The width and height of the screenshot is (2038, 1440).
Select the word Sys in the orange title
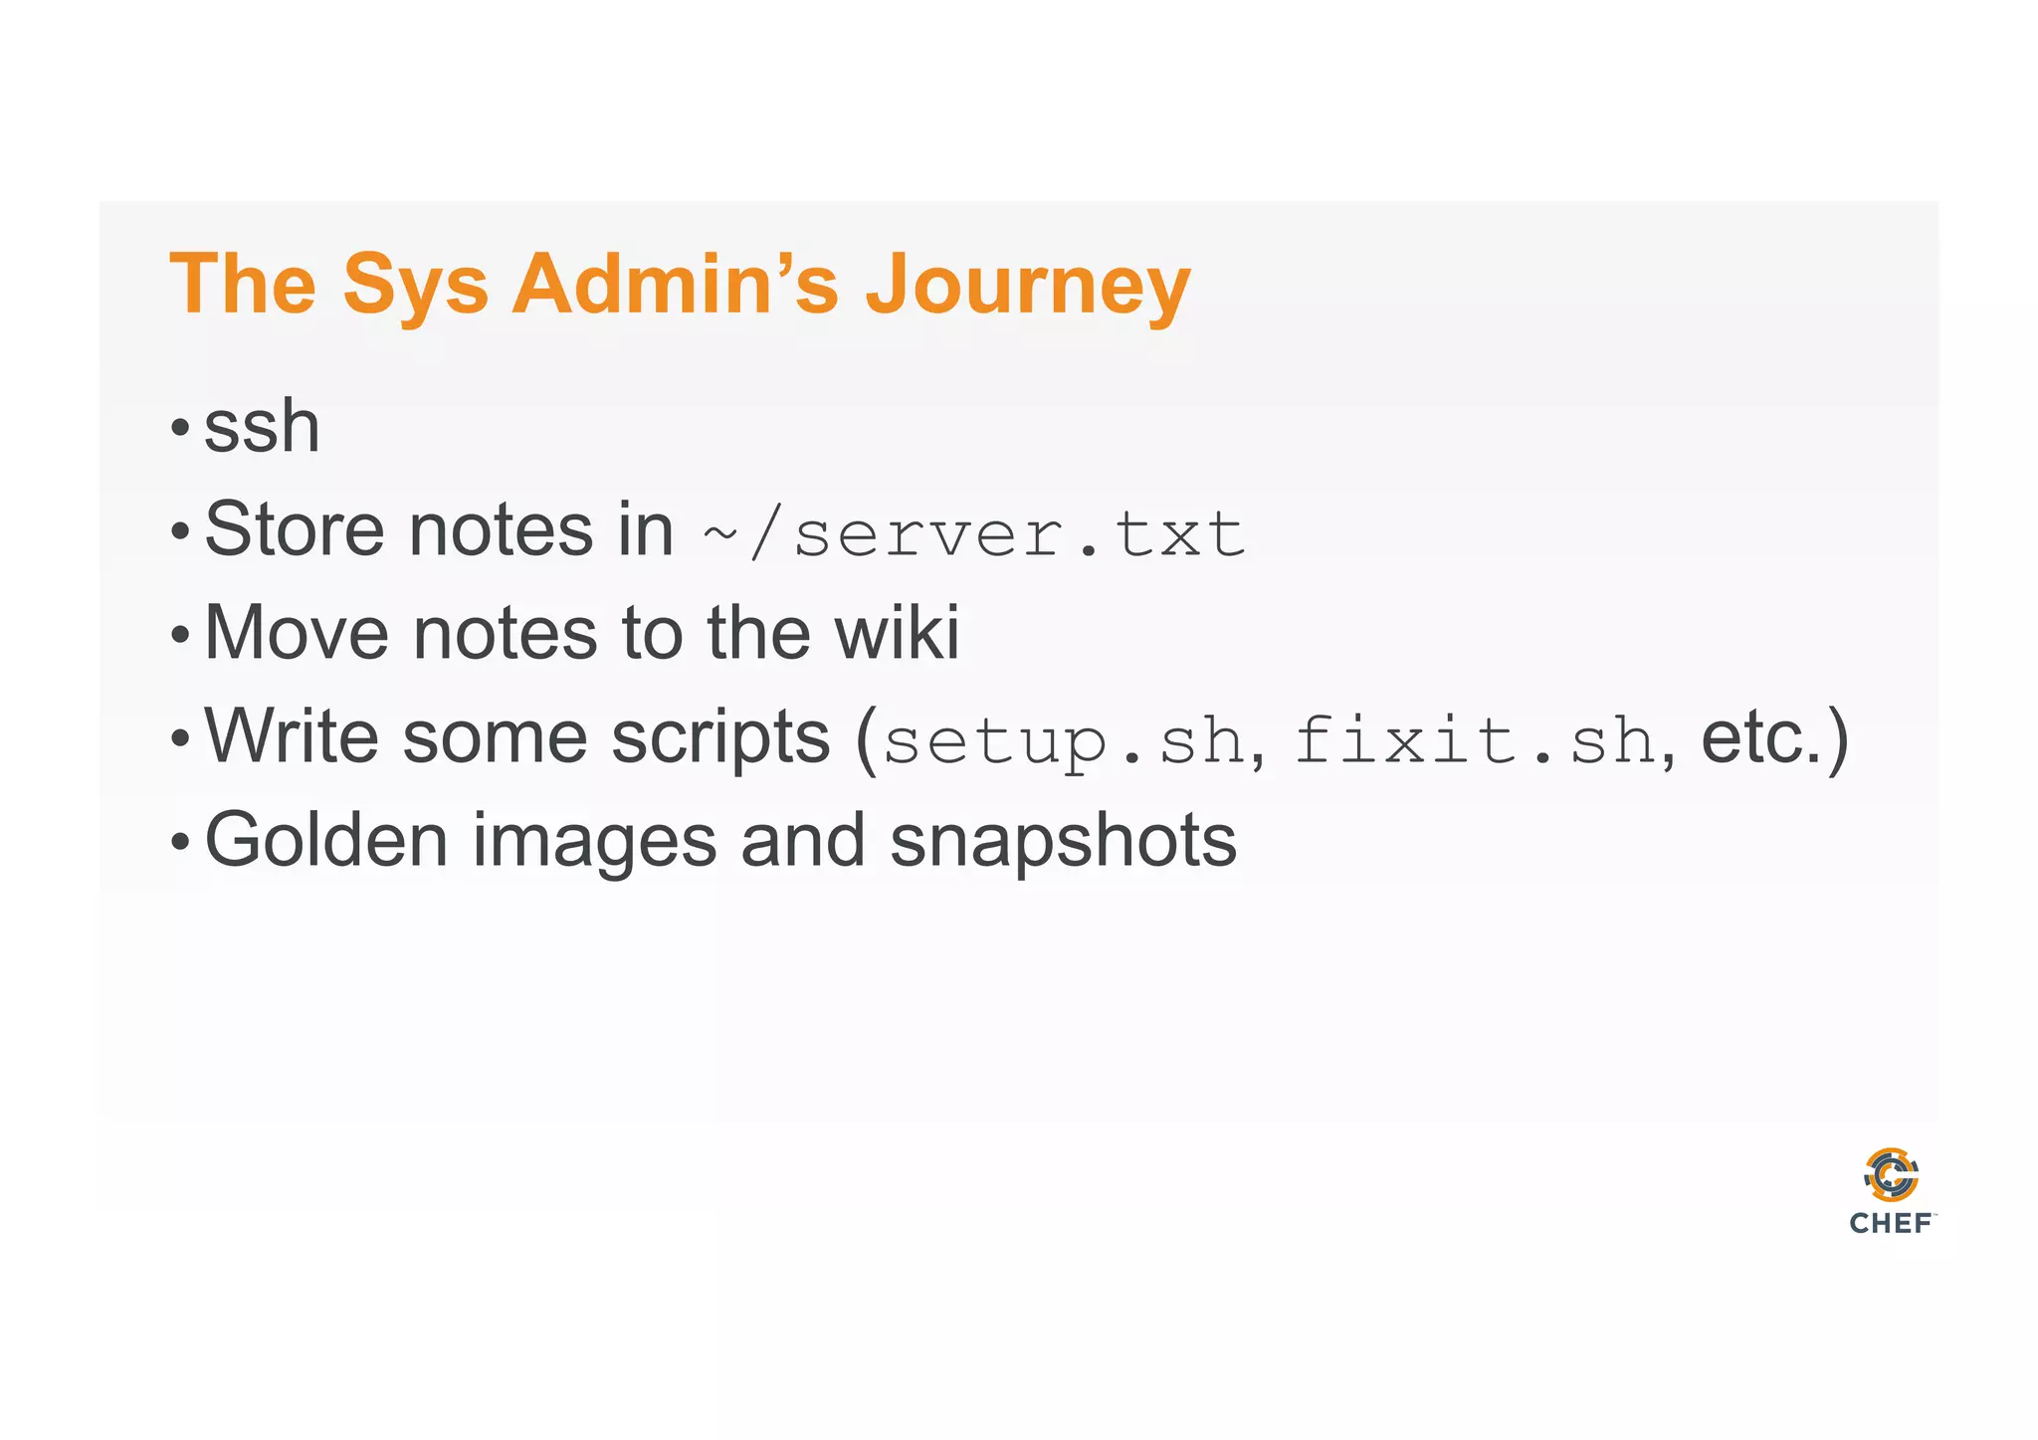click(x=415, y=286)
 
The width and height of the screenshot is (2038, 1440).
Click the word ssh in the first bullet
click(x=262, y=427)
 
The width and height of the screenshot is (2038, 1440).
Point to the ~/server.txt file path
click(x=973, y=534)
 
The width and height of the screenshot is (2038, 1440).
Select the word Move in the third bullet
click(x=296, y=633)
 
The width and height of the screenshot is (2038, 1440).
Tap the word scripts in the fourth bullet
click(x=719, y=738)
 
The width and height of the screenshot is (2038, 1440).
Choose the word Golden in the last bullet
click(x=326, y=841)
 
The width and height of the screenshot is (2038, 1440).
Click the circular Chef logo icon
click(x=1891, y=1175)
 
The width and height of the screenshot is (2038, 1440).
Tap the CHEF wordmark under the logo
click(x=1891, y=1224)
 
